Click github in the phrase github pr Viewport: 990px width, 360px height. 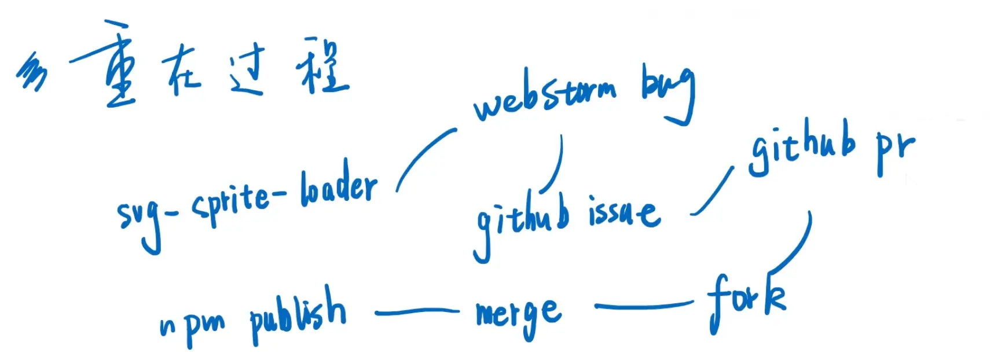tap(802, 148)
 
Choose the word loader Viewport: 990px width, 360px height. tap(339, 188)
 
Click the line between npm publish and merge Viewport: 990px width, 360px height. tap(417, 313)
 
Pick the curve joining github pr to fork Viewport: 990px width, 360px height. tap(796, 249)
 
